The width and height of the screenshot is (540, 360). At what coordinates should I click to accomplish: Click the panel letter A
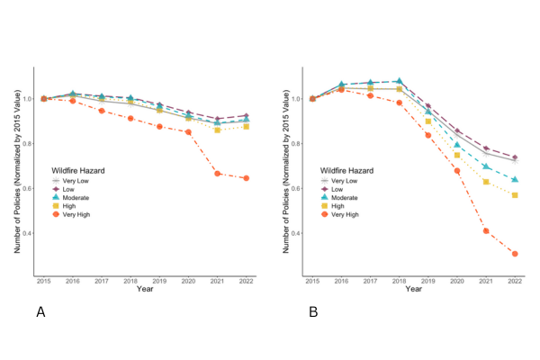40,311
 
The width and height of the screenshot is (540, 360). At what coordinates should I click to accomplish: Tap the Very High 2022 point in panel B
515,254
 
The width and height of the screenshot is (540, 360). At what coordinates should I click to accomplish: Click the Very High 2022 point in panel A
246,178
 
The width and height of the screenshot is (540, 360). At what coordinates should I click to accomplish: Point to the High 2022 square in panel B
515,195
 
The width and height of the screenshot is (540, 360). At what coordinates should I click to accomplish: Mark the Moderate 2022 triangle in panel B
515,180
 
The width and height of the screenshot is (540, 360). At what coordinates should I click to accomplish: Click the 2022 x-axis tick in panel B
515,282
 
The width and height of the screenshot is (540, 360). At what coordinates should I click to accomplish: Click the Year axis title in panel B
414,290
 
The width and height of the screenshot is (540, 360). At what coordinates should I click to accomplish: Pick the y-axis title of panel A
15,171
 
